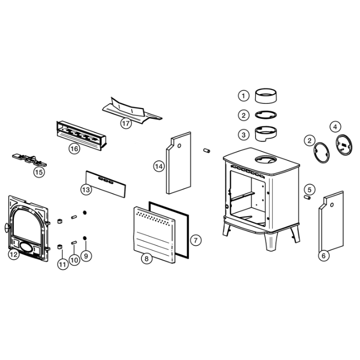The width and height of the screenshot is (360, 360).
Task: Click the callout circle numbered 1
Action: tap(243, 96)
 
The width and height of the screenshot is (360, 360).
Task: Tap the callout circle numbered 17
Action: tap(126, 123)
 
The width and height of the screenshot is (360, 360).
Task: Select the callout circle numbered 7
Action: tap(195, 240)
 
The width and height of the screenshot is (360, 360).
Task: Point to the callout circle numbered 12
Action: tap(13, 254)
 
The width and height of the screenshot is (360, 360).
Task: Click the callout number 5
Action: tap(310, 190)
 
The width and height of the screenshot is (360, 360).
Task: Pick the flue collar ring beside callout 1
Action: tap(266, 96)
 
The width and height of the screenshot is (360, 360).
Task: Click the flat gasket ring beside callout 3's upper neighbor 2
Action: tap(266, 115)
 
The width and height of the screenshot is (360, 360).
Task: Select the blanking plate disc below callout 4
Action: tap(344, 145)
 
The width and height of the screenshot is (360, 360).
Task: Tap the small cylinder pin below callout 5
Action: tap(307, 197)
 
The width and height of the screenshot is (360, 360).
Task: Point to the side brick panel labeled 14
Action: tap(178, 164)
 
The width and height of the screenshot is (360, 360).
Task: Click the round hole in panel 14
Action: tap(179, 146)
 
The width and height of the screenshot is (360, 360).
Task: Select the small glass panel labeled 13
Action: tap(106, 184)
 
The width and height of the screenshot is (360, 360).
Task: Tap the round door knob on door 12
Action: tap(7, 227)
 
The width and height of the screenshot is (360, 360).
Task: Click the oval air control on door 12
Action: tap(26, 247)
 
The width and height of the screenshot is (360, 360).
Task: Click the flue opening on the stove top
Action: tap(266, 159)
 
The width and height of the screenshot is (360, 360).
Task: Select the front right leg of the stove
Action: tap(272, 242)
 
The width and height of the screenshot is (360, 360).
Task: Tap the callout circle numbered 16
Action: tap(74, 149)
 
